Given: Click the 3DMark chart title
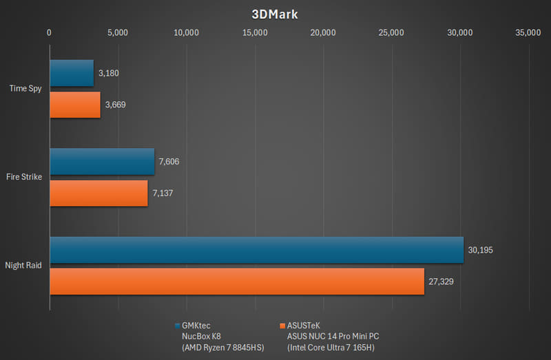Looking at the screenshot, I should tap(275, 14).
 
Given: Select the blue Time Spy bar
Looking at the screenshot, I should tap(72, 73).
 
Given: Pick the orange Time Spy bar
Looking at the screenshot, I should tap(75, 105).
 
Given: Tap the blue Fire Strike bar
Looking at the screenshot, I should tap(102, 162).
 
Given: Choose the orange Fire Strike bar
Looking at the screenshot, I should tap(98, 193).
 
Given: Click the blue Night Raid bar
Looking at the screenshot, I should tap(256, 250).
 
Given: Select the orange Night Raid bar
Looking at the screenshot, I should tap(237, 282).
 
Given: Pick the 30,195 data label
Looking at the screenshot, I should tap(481, 250).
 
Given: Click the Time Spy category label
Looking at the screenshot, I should tap(25, 89).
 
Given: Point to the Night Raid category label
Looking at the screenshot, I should tap(23, 266).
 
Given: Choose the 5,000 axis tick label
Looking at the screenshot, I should tap(118, 32).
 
